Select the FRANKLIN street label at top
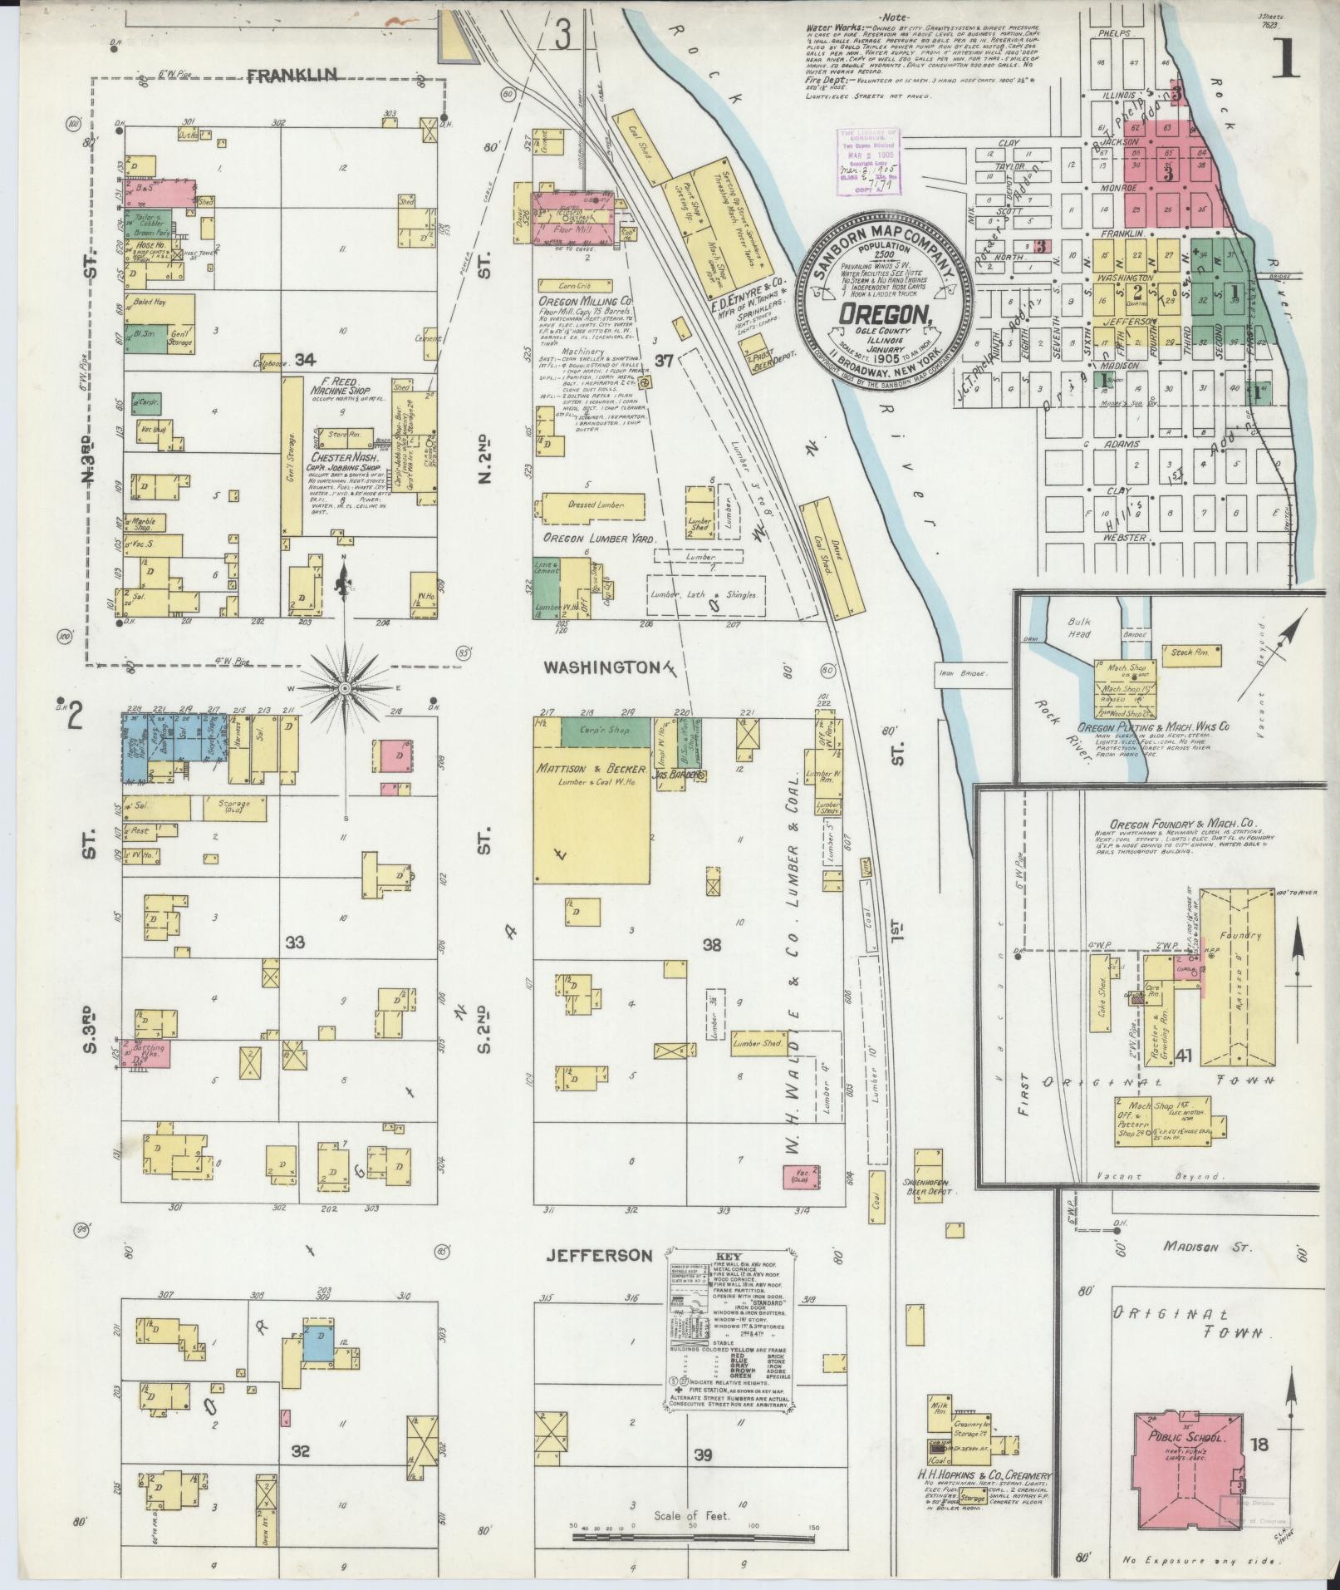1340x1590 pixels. coord(292,76)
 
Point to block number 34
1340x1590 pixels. coord(305,359)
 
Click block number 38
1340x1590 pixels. coord(712,945)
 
